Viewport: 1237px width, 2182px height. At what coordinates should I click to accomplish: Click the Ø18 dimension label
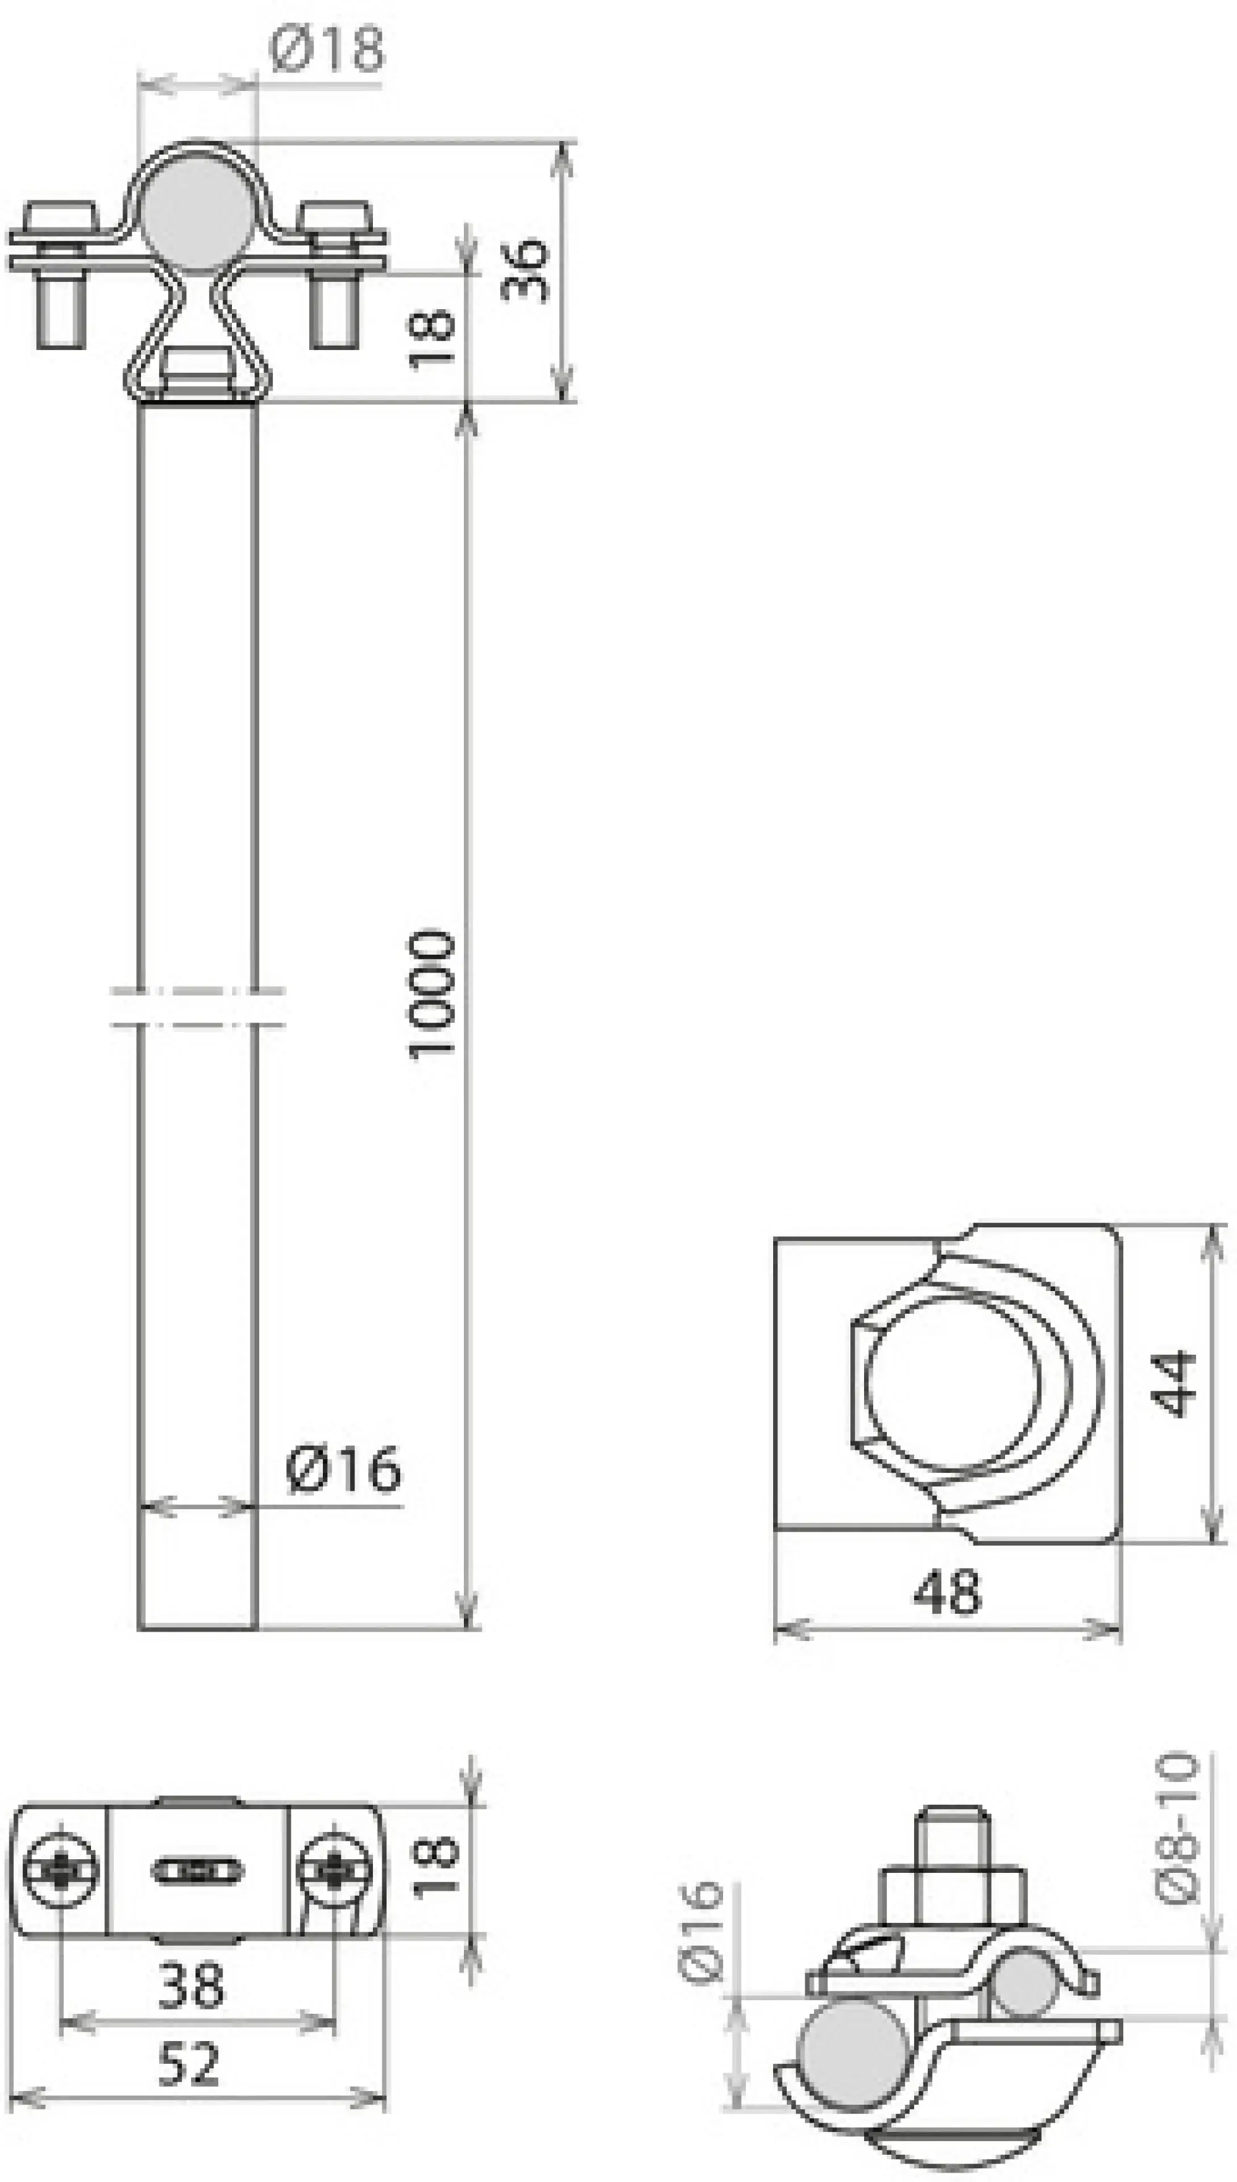[327, 49]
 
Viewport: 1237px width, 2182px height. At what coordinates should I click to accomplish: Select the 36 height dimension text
[525, 269]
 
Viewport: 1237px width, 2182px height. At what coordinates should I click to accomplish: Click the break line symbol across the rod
[197, 1007]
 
